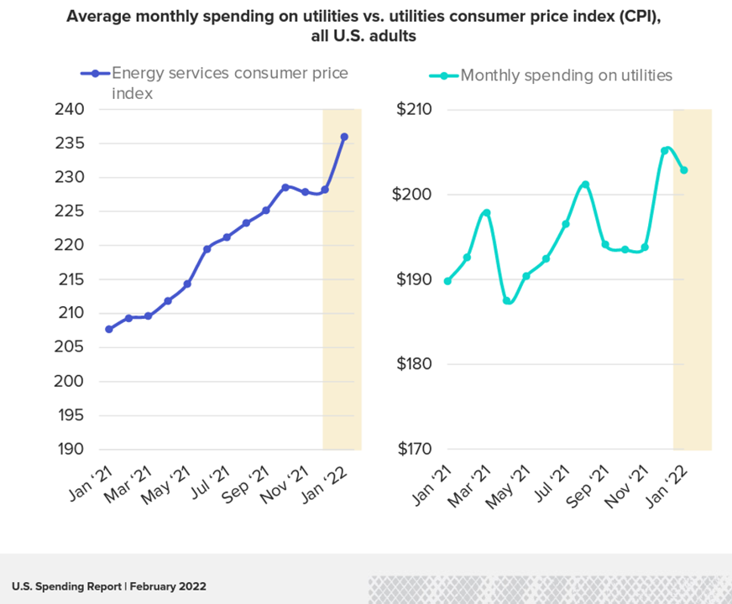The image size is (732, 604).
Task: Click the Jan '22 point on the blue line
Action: [344, 137]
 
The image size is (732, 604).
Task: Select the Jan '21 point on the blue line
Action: [109, 329]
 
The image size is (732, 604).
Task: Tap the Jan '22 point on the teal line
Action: [684, 170]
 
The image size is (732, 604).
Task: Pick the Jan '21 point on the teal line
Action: [447, 281]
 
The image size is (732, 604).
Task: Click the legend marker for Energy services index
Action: [95, 74]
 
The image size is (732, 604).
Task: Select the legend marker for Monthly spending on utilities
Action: [444, 75]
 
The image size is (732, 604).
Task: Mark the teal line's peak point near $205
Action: [665, 151]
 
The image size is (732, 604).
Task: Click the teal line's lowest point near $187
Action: [507, 300]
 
